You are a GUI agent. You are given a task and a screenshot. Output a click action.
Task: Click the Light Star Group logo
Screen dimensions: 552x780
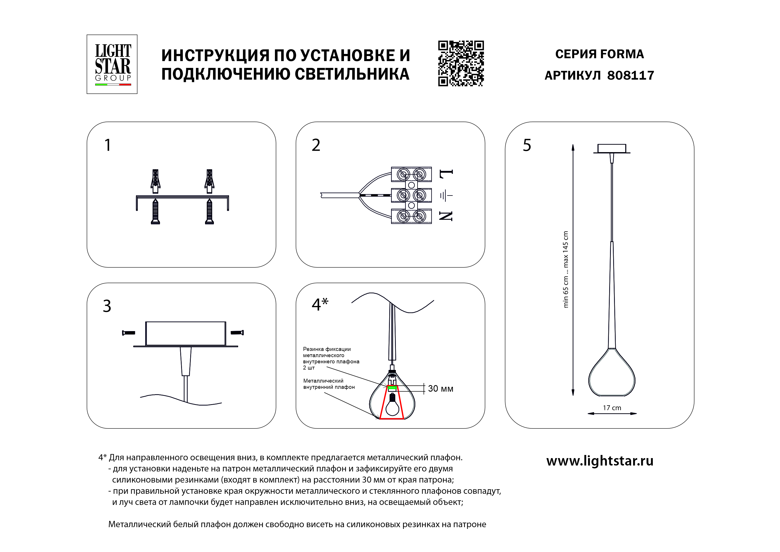112,64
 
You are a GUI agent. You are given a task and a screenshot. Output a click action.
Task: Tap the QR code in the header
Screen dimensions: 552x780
461,64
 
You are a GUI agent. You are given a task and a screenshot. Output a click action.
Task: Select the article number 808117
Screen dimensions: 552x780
630,75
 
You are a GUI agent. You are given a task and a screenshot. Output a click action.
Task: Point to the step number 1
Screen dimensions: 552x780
108,146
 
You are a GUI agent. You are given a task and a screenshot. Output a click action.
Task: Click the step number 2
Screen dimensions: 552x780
316,146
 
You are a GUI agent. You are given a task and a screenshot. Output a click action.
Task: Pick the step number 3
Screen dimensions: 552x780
107,306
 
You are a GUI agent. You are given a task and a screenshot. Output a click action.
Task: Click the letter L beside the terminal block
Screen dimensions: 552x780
446,174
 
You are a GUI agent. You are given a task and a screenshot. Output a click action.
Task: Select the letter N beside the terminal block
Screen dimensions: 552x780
446,216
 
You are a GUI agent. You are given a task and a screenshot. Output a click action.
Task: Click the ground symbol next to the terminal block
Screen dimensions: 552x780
446,196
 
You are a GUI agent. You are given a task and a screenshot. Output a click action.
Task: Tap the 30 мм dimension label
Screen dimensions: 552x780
440,388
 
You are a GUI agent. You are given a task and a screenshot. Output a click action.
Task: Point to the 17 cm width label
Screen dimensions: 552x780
612,408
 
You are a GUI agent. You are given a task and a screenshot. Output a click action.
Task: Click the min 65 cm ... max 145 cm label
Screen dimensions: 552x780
566,269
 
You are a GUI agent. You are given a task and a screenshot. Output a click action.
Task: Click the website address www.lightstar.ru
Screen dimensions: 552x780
599,461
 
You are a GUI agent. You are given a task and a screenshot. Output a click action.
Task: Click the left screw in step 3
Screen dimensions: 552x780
129,333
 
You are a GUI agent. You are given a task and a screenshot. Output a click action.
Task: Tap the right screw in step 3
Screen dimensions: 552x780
237,333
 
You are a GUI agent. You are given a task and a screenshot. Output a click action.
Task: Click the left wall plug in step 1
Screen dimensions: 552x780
155,180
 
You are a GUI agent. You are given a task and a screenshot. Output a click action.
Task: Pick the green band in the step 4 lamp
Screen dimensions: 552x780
392,387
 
